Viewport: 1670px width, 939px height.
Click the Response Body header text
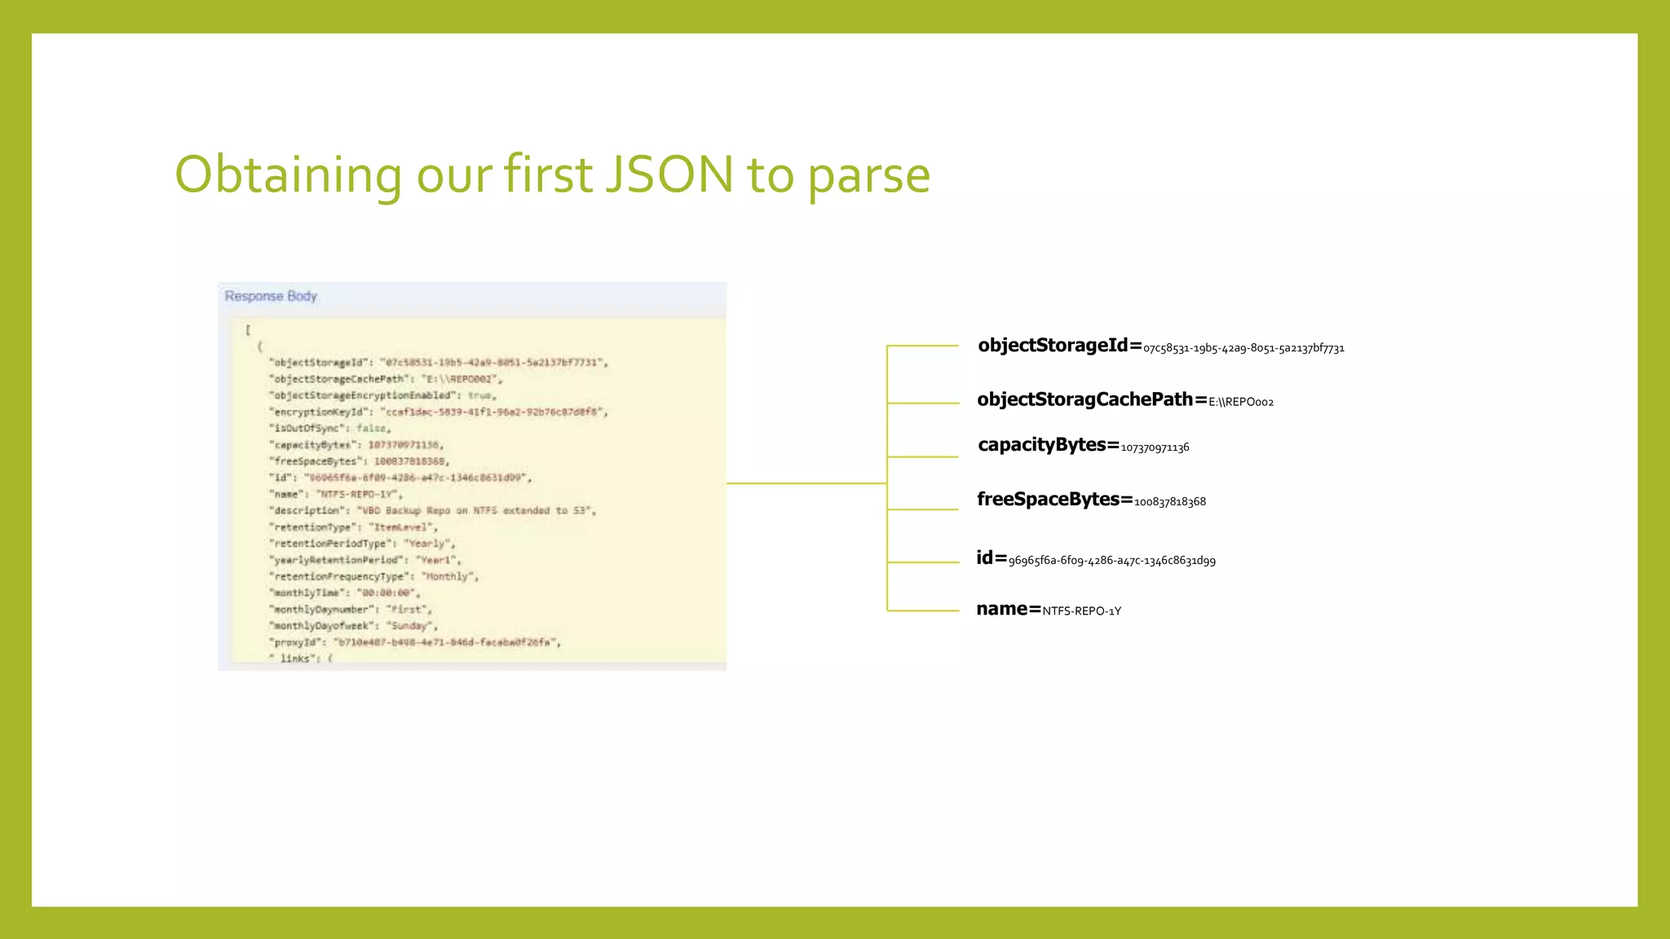271,296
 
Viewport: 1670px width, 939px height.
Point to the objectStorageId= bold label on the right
1059,346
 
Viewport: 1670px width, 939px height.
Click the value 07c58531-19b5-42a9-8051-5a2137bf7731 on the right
1244,349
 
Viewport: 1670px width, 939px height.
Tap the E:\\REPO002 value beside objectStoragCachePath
1241,402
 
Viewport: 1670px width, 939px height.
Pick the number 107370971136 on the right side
1155,447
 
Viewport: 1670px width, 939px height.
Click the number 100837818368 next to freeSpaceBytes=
1170,502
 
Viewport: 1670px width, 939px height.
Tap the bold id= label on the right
992,558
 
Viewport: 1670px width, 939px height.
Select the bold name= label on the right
1009,609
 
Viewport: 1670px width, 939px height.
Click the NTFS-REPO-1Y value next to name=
1081,611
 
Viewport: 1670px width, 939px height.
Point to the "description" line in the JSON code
433,510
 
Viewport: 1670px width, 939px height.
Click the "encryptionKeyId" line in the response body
439,412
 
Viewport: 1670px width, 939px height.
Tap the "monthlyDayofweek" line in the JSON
353,625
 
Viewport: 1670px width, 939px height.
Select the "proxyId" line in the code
415,642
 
